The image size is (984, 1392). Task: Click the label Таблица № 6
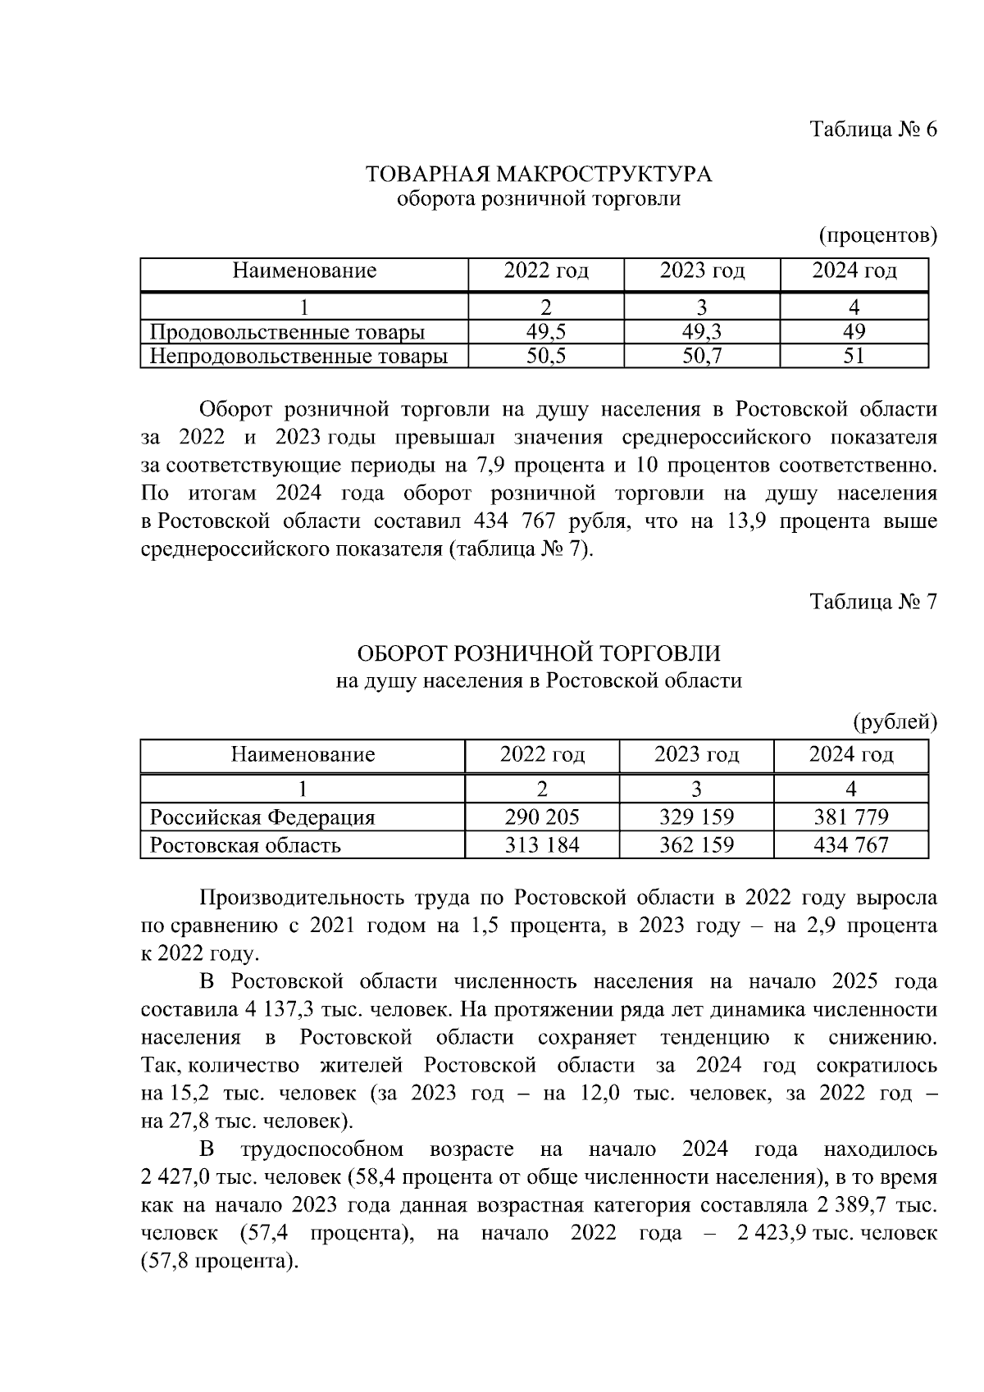click(872, 130)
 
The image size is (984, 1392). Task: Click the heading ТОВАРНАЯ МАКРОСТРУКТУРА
click(538, 175)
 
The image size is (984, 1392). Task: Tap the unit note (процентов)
click(877, 236)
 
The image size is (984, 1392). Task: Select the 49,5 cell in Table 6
click(545, 332)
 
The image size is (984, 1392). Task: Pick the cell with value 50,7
click(701, 356)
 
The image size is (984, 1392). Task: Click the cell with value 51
click(854, 356)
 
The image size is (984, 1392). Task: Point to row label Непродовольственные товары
click(298, 356)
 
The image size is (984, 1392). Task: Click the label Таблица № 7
click(872, 602)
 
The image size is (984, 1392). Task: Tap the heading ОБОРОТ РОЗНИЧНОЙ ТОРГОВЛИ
click(538, 653)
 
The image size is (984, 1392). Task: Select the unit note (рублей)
click(895, 721)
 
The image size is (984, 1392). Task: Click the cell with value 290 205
click(541, 817)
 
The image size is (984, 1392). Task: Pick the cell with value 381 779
click(850, 817)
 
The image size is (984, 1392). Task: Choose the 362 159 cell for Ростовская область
click(696, 844)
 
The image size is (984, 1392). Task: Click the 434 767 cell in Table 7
click(850, 844)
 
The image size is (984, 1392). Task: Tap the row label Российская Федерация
click(262, 817)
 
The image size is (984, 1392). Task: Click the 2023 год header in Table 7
click(696, 754)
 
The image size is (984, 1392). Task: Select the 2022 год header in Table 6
click(546, 271)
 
